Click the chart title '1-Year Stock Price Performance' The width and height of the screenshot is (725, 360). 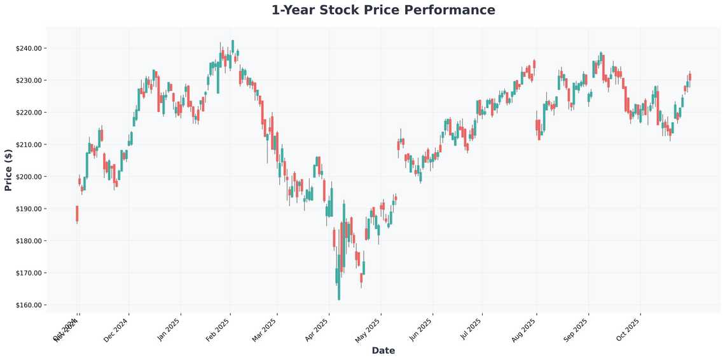383,10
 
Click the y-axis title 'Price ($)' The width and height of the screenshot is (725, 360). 8,170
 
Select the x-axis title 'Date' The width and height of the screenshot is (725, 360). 383,350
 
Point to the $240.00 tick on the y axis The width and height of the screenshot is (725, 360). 29,48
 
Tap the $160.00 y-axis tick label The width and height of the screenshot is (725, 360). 29,305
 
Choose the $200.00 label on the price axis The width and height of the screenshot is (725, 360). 29,177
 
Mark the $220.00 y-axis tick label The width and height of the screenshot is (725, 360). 29,113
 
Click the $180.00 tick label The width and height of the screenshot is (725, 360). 29,241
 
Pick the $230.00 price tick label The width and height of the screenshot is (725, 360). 29,81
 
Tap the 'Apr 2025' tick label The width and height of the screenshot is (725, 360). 316,328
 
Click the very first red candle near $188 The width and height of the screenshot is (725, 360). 77,213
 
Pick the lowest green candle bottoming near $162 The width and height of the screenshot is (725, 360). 338,284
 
